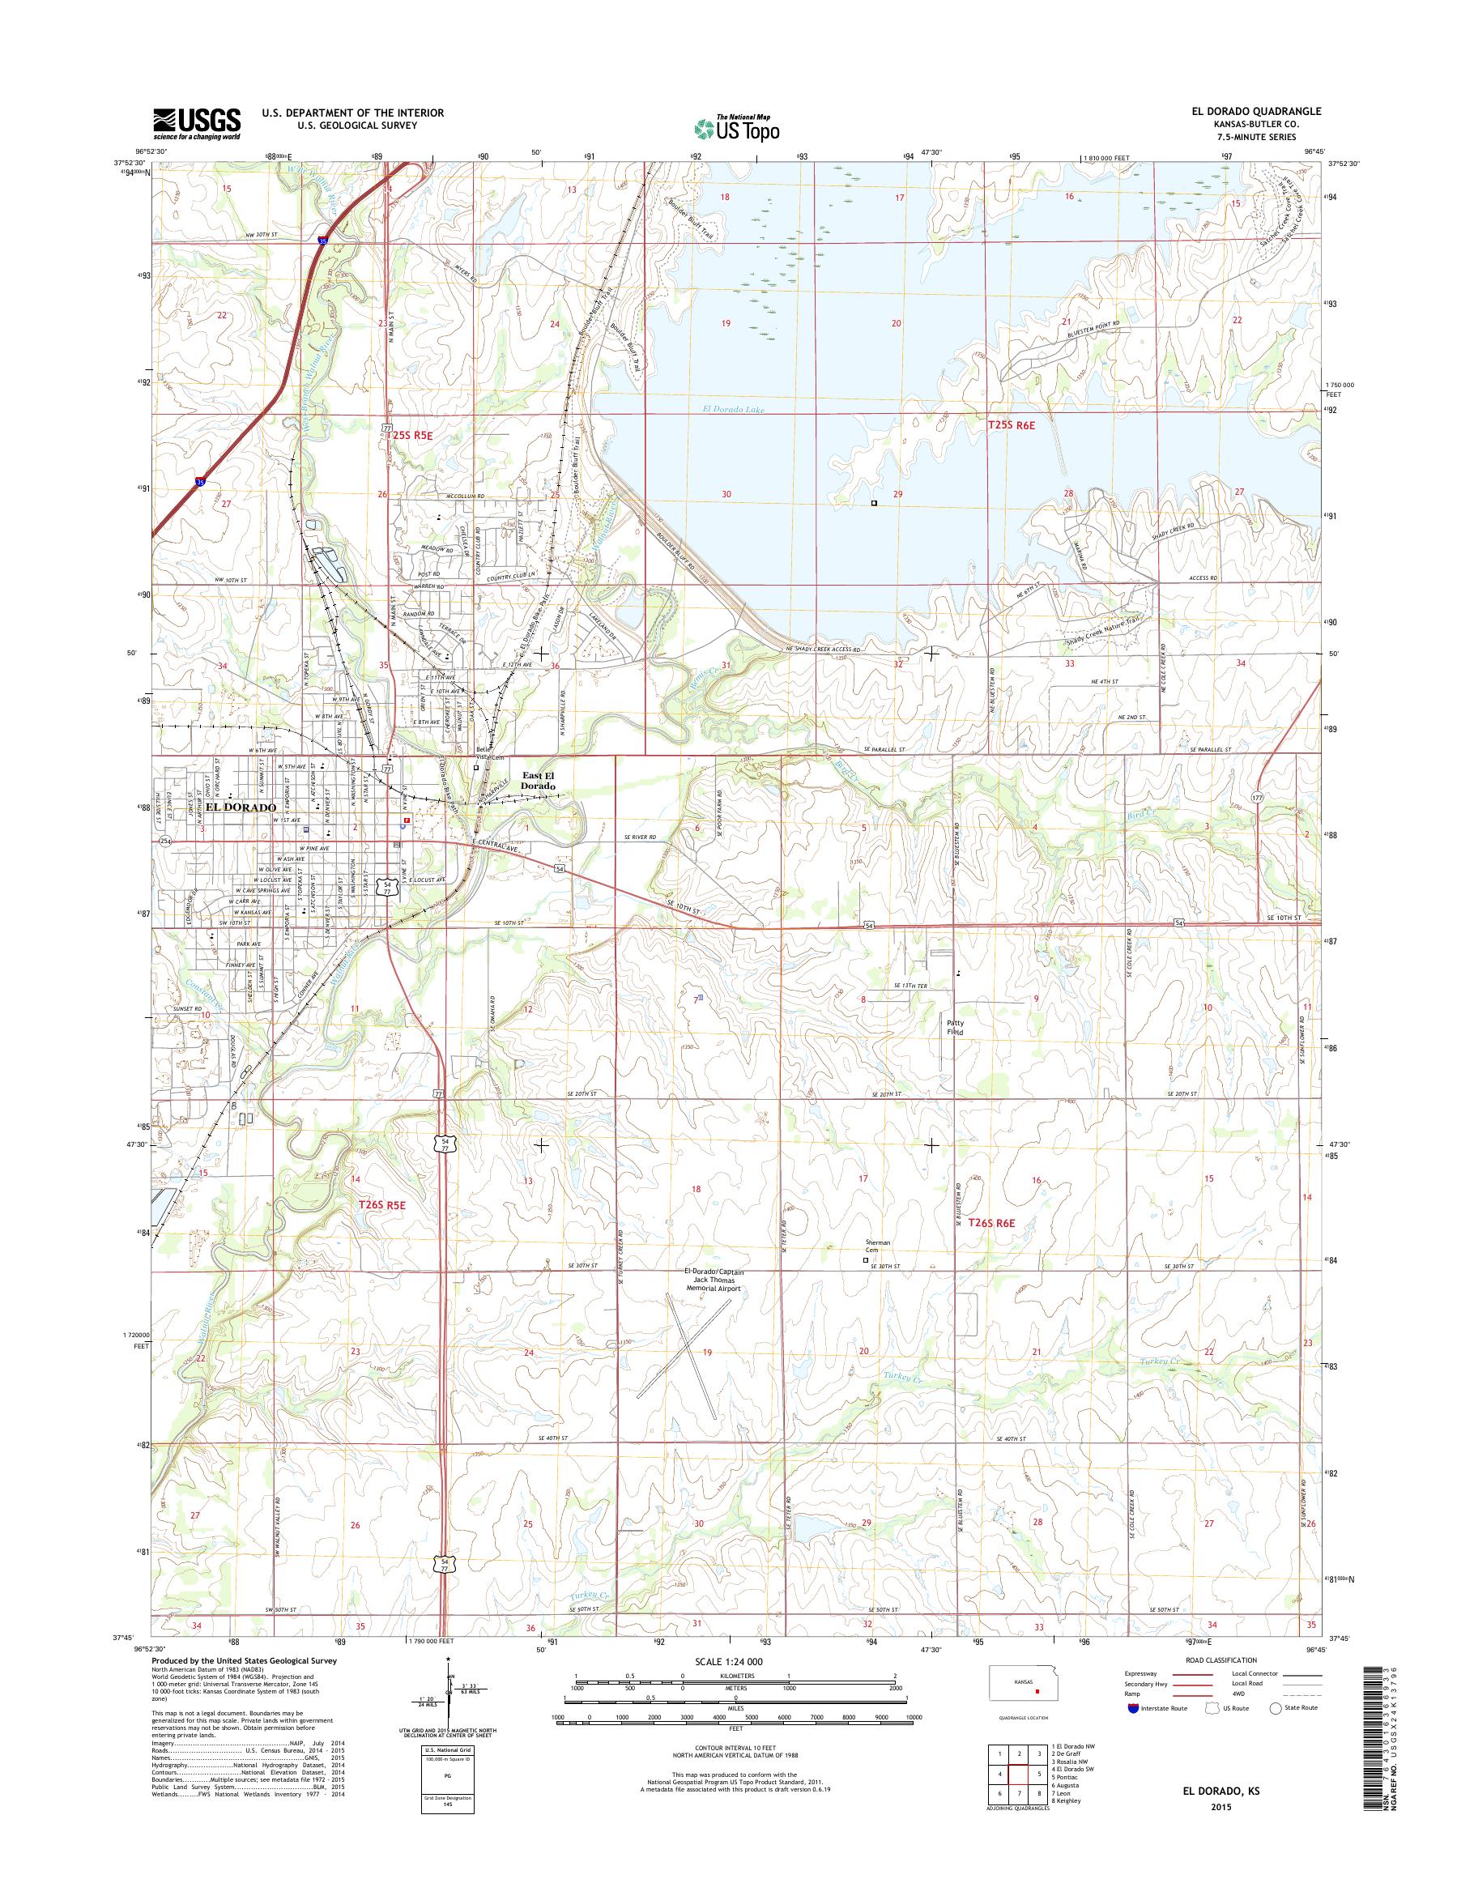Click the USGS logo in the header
coord(197,123)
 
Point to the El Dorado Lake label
coord(734,410)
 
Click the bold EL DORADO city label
coord(241,807)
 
